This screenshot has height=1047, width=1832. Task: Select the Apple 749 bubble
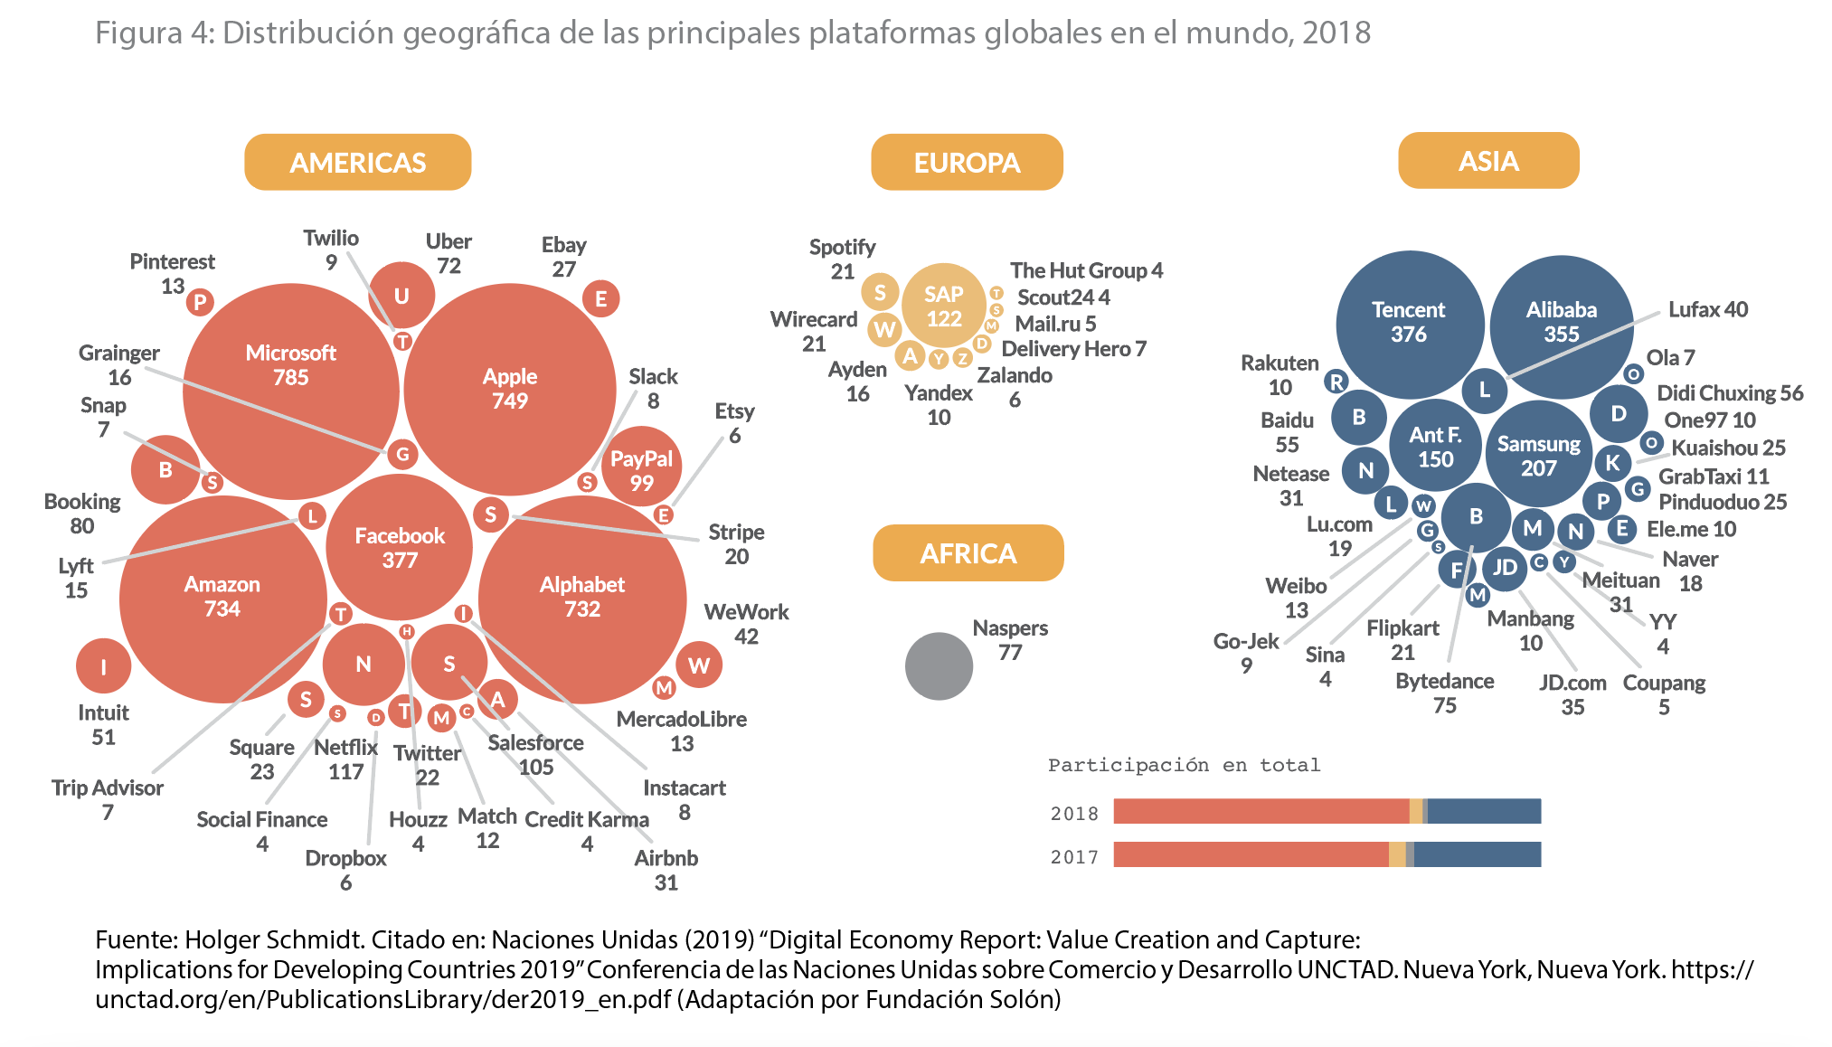tap(510, 389)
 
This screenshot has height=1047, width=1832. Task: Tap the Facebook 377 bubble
tap(399, 548)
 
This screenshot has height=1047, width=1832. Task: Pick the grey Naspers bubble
tap(939, 666)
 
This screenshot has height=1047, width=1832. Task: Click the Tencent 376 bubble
tap(1409, 323)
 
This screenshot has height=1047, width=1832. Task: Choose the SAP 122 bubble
tap(943, 307)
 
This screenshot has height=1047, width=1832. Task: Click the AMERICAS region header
tap(357, 163)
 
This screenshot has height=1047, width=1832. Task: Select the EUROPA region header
tap(967, 163)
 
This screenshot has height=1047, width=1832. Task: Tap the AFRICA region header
tap(968, 553)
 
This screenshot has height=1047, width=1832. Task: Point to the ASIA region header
tap(1488, 161)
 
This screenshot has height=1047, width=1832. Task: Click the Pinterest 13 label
tap(172, 273)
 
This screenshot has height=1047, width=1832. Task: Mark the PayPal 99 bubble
tap(641, 469)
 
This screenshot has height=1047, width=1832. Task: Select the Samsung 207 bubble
tap(1538, 455)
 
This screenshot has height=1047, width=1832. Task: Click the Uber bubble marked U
tap(401, 296)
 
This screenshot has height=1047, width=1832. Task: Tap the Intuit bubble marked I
tap(103, 667)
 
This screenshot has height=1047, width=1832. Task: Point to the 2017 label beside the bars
tap(1074, 856)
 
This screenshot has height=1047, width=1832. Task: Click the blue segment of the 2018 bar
tap(1484, 812)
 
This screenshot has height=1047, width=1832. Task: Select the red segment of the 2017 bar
tap(1251, 854)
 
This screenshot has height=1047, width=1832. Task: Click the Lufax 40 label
tap(1707, 309)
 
